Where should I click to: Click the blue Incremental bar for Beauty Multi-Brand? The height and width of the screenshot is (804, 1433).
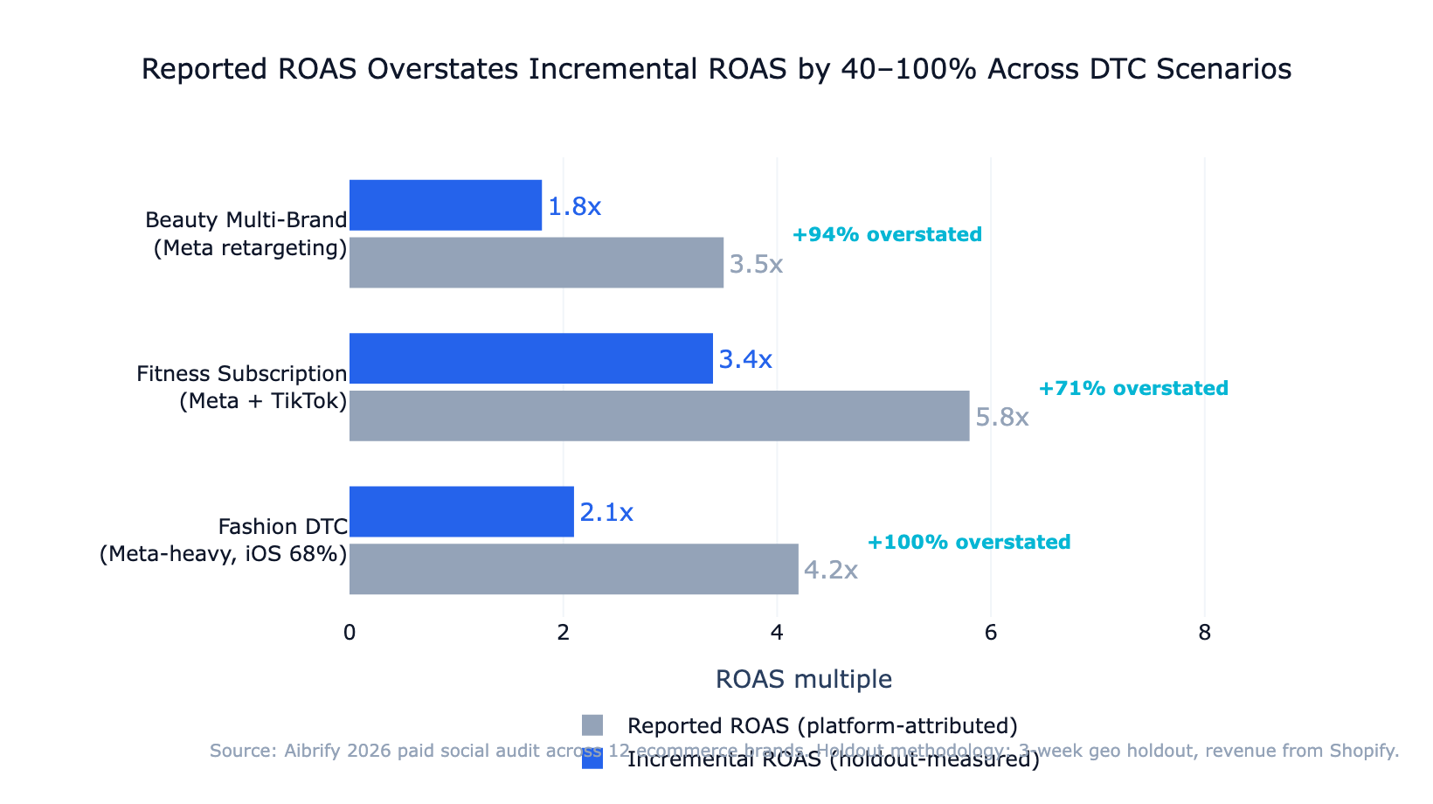pyautogui.click(x=446, y=205)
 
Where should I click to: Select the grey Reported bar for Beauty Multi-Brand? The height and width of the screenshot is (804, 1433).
pyautogui.click(x=537, y=262)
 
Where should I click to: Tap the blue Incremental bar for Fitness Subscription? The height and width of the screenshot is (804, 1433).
pyautogui.click(x=531, y=358)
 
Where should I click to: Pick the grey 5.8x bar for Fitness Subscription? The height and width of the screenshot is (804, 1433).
pyautogui.click(x=659, y=416)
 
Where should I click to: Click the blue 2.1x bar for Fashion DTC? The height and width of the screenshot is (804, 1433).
pyautogui.click(x=461, y=512)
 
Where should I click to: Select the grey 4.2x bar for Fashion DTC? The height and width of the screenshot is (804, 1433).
pyautogui.click(x=573, y=569)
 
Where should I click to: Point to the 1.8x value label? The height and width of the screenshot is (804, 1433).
pyautogui.click(x=574, y=207)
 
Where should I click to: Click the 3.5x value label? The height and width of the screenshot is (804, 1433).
pyautogui.click(x=756, y=265)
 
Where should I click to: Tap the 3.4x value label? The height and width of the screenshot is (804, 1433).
pyautogui.click(x=745, y=360)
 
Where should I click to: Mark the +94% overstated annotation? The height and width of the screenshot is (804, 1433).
pyautogui.click(x=887, y=235)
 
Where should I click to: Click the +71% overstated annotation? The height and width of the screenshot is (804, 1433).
pyautogui.click(x=1133, y=389)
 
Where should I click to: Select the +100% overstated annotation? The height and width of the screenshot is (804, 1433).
pyautogui.click(x=969, y=543)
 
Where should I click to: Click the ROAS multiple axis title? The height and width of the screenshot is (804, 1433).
pyautogui.click(x=804, y=679)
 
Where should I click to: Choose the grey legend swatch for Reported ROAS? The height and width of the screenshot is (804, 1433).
pyautogui.click(x=592, y=725)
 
